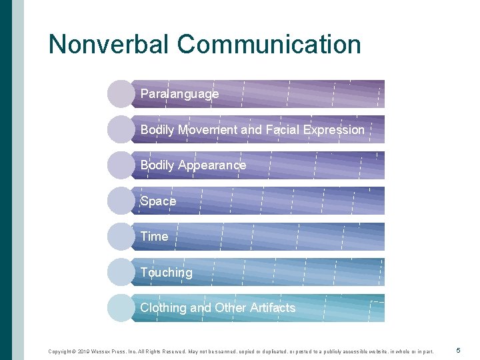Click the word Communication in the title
pyautogui.click(x=269, y=44)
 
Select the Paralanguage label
pyautogui.click(x=179, y=94)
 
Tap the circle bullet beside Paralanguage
pyautogui.click(x=121, y=94)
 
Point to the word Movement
pyautogui.click(x=207, y=129)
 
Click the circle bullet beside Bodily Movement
pyautogui.click(x=121, y=129)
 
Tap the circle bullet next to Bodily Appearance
pyautogui.click(x=121, y=165)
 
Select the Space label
pyautogui.click(x=159, y=201)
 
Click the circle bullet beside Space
pyautogui.click(x=121, y=201)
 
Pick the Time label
pyautogui.click(x=155, y=236)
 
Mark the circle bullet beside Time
pyautogui.click(x=121, y=236)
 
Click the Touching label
pyautogui.click(x=166, y=272)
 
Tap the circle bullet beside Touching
pyautogui.click(x=121, y=272)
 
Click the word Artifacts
pyautogui.click(x=272, y=307)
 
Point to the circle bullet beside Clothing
pyautogui.click(x=121, y=307)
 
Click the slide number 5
pyautogui.click(x=458, y=350)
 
